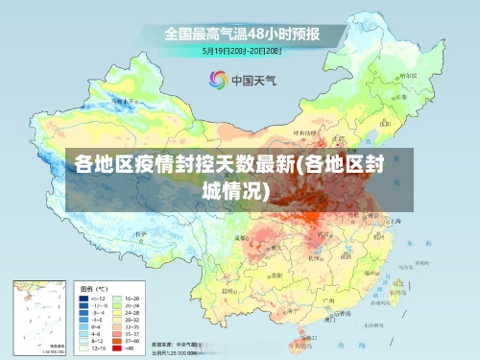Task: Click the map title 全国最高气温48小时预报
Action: click(x=241, y=34)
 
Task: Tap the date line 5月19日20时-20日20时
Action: click(x=241, y=50)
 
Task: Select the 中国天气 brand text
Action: click(x=252, y=80)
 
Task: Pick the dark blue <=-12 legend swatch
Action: click(x=84, y=299)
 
